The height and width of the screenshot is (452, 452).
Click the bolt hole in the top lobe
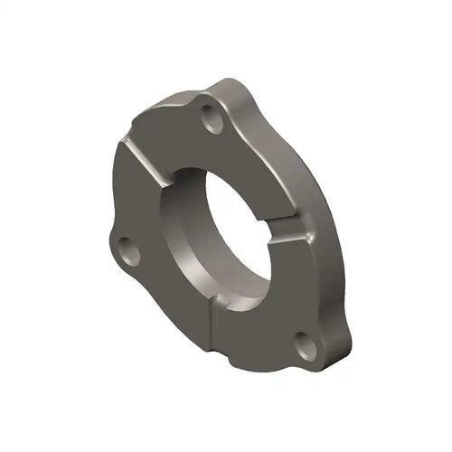[x=213, y=118]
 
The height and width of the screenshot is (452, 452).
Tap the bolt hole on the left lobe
[x=127, y=248]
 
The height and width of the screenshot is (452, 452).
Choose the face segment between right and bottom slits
[x=271, y=307]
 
